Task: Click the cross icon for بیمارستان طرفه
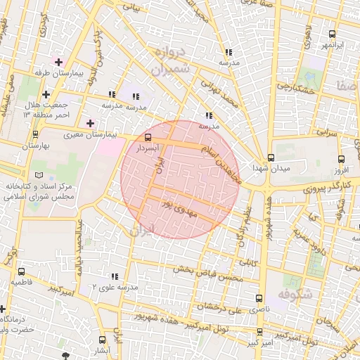(x=59, y=62)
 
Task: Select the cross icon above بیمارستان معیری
(x=90, y=123)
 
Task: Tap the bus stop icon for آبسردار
(x=148, y=138)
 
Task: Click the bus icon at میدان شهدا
(x=271, y=157)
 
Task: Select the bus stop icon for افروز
(x=342, y=159)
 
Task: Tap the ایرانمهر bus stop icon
(x=333, y=34)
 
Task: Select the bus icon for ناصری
(x=259, y=298)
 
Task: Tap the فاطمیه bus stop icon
(x=21, y=271)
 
